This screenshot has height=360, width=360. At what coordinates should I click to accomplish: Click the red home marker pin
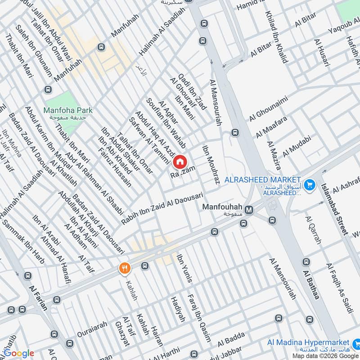coord(179,162)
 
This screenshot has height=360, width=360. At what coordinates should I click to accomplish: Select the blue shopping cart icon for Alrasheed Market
coord(309,184)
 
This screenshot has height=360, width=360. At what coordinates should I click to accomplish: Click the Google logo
coord(19,353)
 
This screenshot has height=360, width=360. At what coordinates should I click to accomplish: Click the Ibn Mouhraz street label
coord(210,165)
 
